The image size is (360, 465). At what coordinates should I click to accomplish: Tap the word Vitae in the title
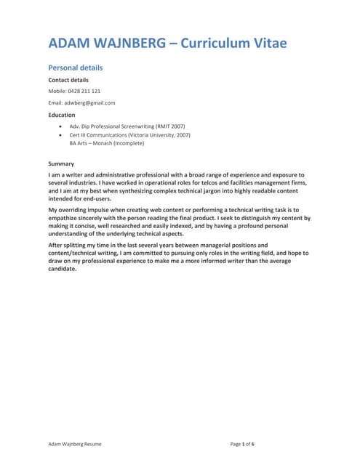pos(265,43)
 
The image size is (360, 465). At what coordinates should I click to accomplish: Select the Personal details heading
pos(76,68)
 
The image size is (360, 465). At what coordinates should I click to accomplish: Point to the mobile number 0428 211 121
pos(84,91)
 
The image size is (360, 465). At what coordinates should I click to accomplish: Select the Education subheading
pos(62,114)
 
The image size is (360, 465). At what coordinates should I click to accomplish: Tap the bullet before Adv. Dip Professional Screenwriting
pos(59,126)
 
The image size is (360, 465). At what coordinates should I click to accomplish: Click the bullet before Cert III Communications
pos(59,134)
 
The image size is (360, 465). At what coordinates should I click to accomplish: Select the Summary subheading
pos(61,163)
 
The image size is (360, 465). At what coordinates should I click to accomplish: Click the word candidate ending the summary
pos(62,268)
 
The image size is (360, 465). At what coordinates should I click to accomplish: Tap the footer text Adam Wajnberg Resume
pos(75,442)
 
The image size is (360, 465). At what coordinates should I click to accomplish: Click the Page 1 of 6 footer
pos(242,442)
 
